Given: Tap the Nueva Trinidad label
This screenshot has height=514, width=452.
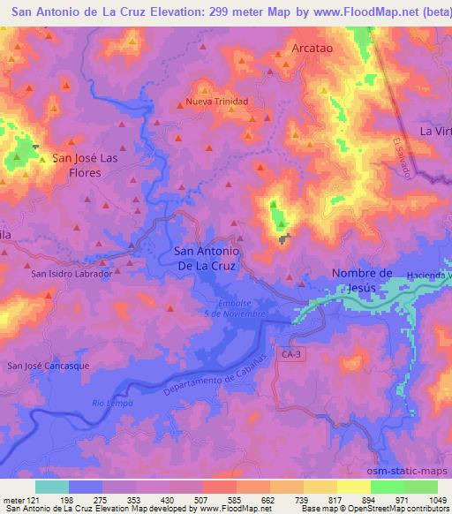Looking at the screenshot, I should coord(217,102).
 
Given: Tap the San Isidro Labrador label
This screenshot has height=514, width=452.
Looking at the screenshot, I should coord(72,274).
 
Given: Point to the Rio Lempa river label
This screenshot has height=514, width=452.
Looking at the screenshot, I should coord(110,404).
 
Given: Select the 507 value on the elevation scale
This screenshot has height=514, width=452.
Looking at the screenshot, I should coord(202,500).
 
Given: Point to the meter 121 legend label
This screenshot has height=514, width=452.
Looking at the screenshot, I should coord(18,500).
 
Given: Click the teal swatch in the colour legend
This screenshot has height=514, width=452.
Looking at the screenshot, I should coord(52,487).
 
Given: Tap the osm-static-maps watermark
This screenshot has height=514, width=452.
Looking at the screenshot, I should coord(418,472).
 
